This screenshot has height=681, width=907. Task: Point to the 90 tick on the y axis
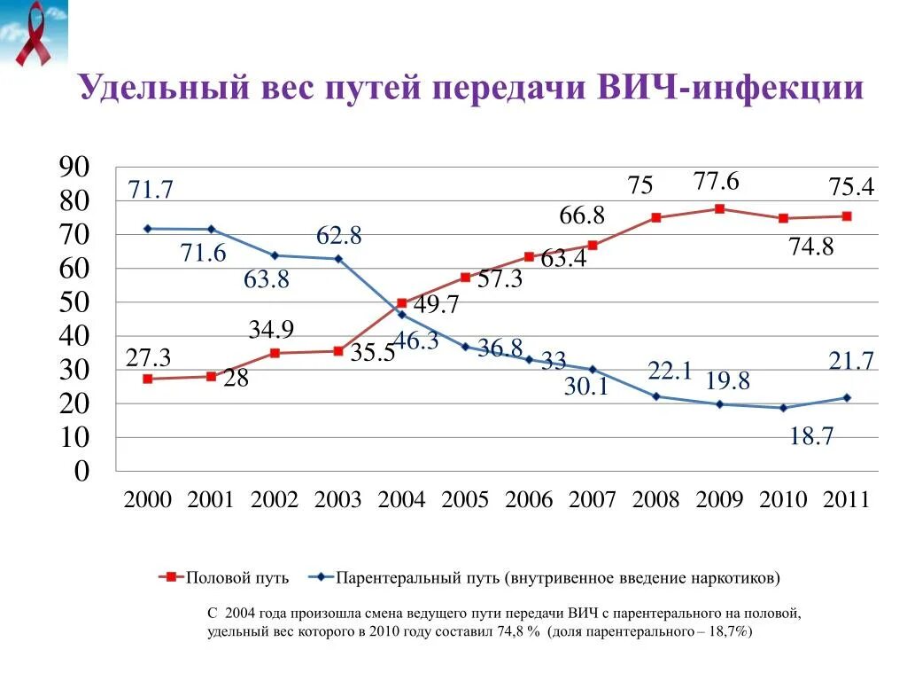click(x=74, y=168)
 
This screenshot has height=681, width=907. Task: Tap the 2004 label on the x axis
click(x=401, y=499)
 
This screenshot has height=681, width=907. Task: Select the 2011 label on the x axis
click(x=846, y=499)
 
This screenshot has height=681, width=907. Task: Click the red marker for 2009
click(x=719, y=209)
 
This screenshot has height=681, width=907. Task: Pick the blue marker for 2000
click(x=147, y=229)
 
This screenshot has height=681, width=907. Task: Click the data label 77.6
click(x=716, y=182)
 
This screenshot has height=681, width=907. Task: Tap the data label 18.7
click(x=811, y=436)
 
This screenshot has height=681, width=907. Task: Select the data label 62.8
click(x=339, y=236)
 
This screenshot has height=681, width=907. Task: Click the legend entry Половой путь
click(x=236, y=578)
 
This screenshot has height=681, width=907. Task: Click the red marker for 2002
click(x=275, y=353)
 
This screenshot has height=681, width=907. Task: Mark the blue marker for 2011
click(x=846, y=397)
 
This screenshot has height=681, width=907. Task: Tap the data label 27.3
click(x=148, y=357)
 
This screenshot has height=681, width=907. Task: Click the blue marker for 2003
click(x=338, y=259)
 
